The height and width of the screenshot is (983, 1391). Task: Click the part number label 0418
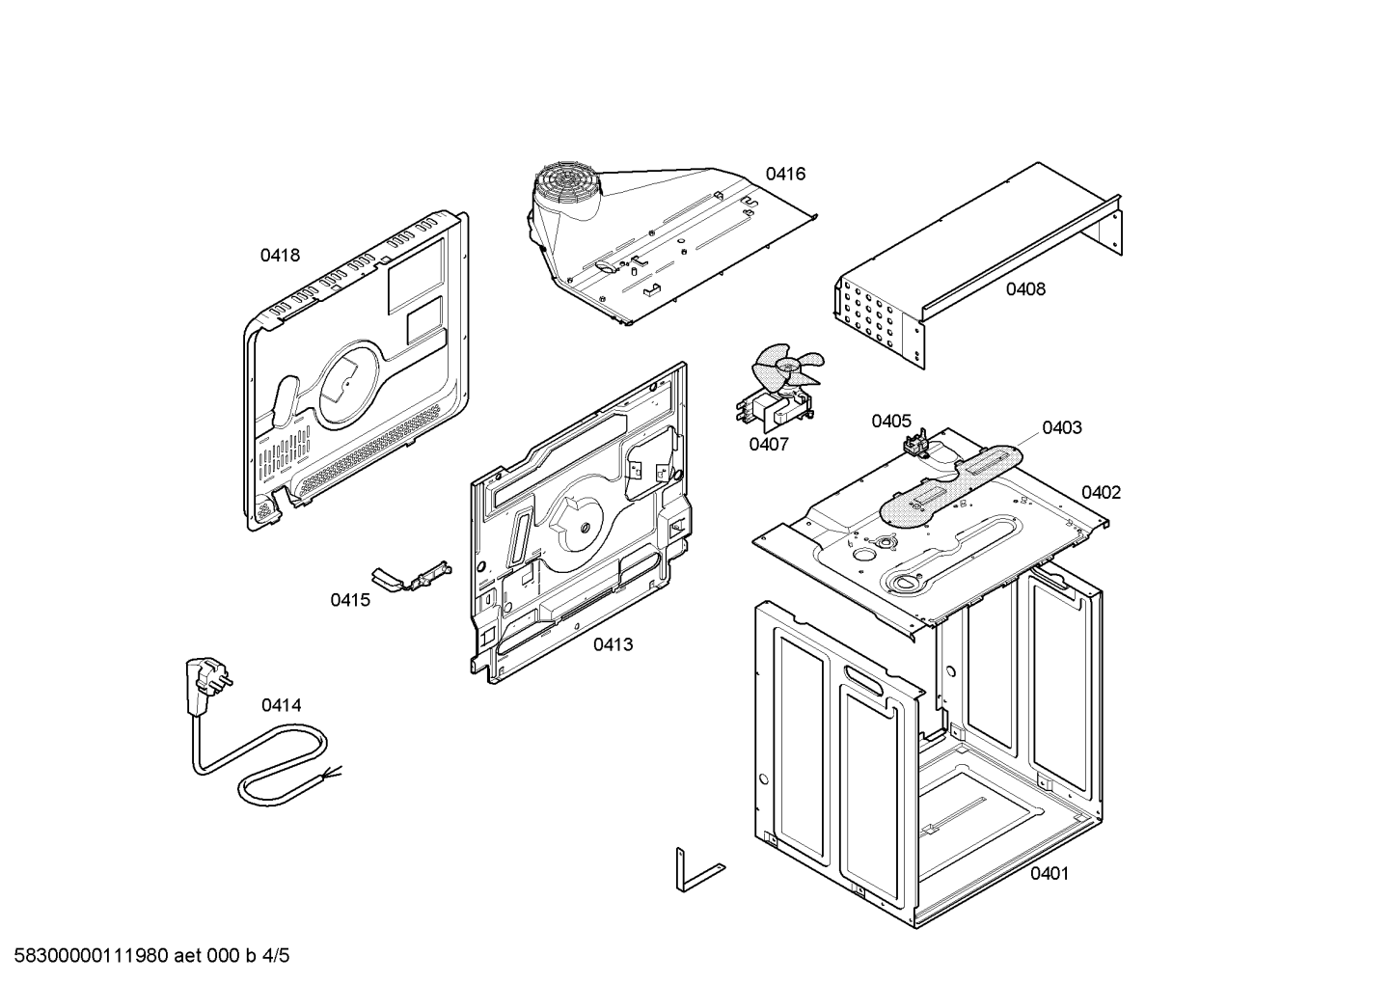(x=280, y=256)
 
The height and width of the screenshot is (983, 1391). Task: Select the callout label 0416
(x=785, y=174)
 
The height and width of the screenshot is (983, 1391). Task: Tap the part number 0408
(x=1025, y=288)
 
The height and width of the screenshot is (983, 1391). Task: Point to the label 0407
(x=768, y=444)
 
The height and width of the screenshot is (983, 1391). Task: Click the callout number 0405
(x=891, y=421)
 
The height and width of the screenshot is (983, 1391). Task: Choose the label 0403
(x=1062, y=427)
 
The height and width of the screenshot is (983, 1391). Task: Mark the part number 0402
(x=1101, y=492)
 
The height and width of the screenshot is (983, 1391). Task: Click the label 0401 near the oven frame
(x=1050, y=874)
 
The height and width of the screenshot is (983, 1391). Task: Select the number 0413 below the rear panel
(x=613, y=644)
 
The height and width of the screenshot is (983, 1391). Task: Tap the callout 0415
(x=349, y=600)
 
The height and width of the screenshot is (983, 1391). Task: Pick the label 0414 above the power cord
(x=281, y=705)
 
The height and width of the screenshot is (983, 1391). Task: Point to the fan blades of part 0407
(x=786, y=371)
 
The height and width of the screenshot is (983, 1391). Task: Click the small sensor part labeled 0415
(x=412, y=577)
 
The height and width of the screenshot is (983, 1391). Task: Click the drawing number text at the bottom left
(x=151, y=956)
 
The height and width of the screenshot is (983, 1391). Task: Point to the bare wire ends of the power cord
(x=332, y=773)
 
